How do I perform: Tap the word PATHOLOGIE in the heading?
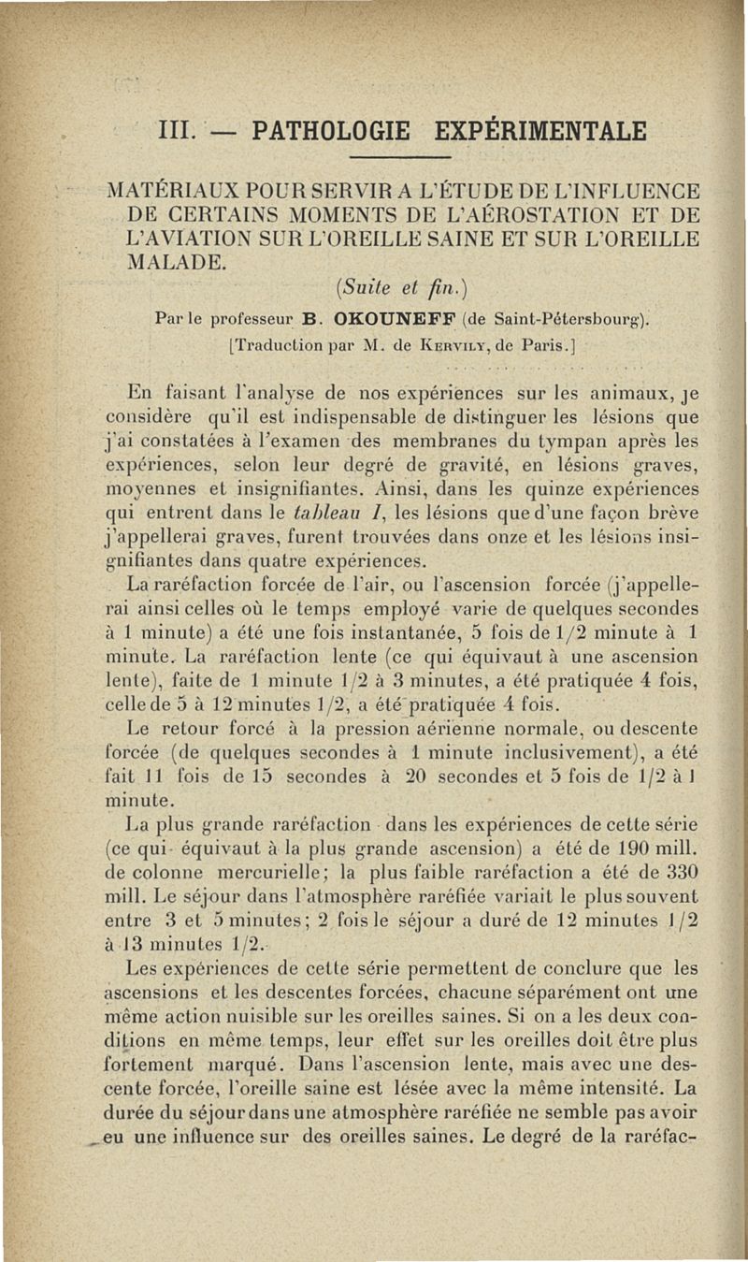click(324, 128)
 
